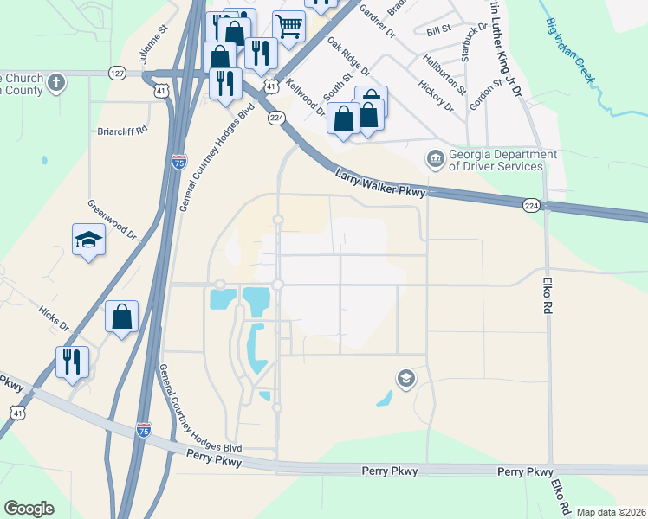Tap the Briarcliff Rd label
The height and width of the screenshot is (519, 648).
coord(122,131)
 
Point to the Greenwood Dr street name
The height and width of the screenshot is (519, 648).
coord(112,221)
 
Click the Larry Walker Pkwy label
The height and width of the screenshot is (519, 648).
coord(381,183)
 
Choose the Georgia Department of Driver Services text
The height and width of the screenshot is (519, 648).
coord(496,160)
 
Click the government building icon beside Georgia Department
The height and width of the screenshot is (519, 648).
coord(434,159)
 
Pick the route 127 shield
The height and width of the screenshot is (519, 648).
coord(118,74)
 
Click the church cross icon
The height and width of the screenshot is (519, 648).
coord(56,84)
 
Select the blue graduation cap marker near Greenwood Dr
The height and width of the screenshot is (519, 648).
coord(88,239)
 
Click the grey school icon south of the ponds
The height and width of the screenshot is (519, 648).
coord(405,378)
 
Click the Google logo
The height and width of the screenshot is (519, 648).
coord(29,509)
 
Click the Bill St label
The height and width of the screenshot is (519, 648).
coord(439,30)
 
